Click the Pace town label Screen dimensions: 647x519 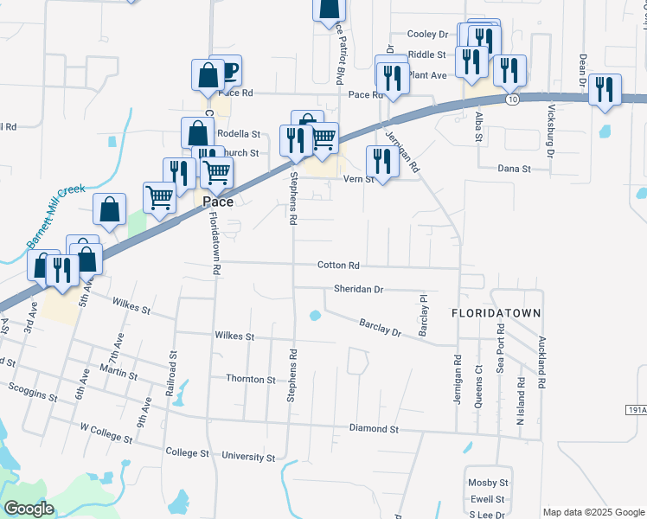(217, 202)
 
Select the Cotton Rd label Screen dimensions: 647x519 (338, 266)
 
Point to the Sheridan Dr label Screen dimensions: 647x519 (358, 290)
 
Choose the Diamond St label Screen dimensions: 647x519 (374, 428)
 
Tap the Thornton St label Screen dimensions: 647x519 (250, 379)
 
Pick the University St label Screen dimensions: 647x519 (248, 456)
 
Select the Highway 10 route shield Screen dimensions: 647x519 (513, 99)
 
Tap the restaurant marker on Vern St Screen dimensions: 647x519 (381, 160)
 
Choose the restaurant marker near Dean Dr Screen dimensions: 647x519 (605, 88)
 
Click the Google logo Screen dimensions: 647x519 (29, 509)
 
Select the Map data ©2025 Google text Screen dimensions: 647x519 (593, 512)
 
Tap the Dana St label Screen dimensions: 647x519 (514, 170)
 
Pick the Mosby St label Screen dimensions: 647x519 (488, 482)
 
